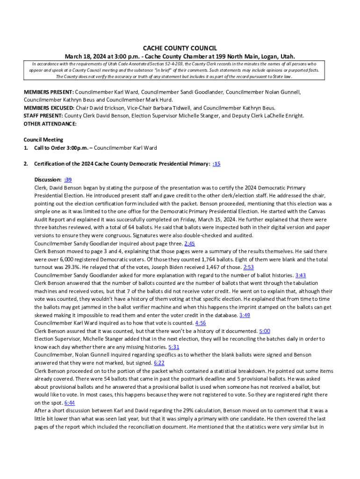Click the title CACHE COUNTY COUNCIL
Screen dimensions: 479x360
tap(180, 48)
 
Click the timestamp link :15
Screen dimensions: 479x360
tap(216, 164)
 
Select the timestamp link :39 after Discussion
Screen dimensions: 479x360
tap(68, 180)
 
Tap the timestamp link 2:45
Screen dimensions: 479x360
tap(190, 243)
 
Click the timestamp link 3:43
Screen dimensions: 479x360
tap(301, 275)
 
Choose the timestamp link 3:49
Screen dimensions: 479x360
tap(245, 315)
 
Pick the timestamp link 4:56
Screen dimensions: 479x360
tap(201, 323)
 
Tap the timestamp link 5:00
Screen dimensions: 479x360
tap(265, 331)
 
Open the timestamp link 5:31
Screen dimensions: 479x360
tap(174, 347)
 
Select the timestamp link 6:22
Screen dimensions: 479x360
tap(159, 363)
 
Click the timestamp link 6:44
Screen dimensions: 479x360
tap(70, 402)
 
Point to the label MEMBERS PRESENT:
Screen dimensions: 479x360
tap(49, 92)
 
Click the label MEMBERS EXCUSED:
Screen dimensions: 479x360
tap(49, 108)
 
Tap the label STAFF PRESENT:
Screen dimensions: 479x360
tap(43, 116)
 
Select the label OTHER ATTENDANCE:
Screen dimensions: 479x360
tap(50, 124)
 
